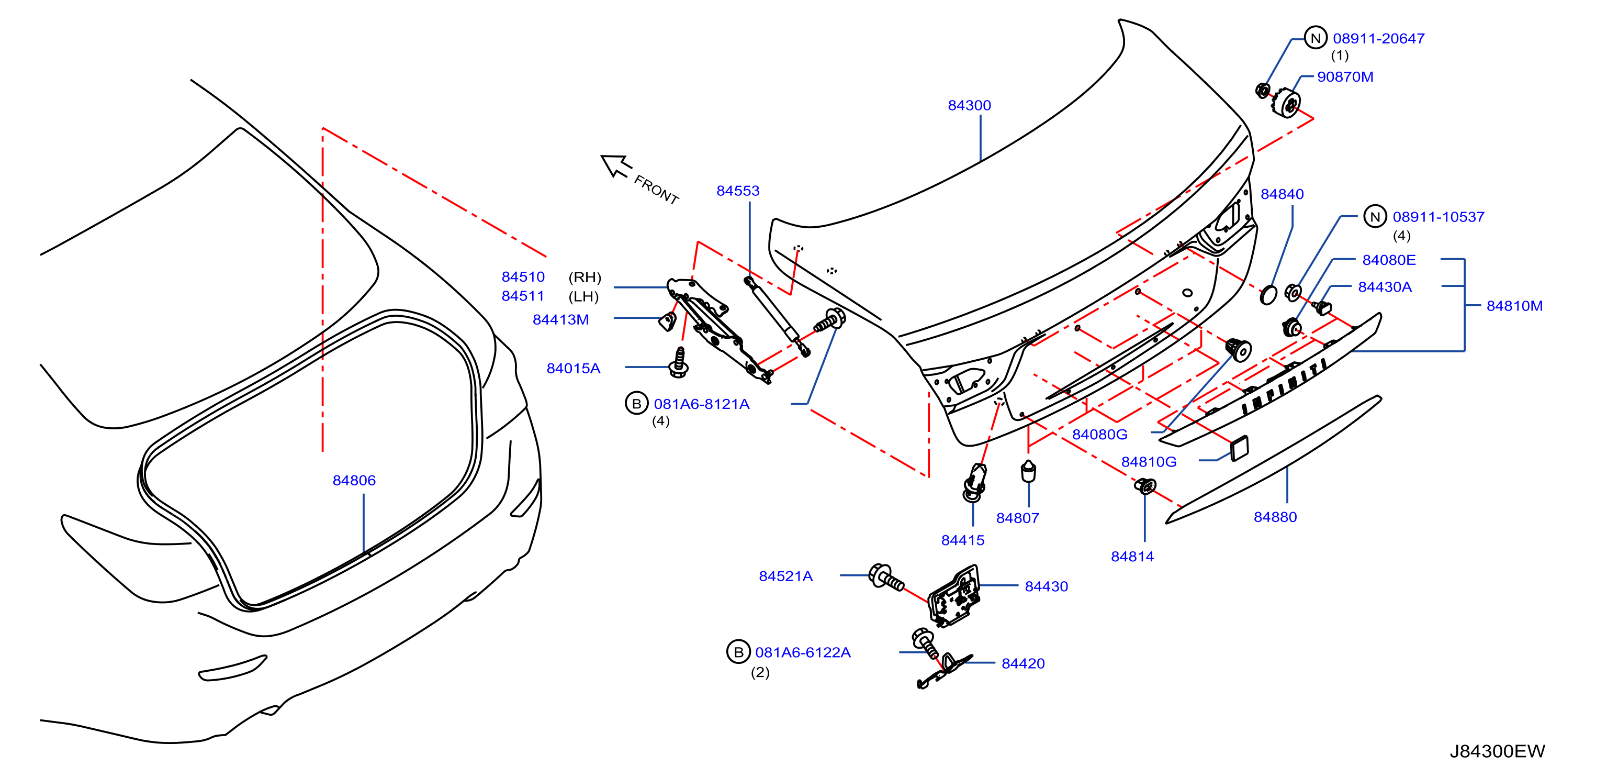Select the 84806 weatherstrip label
pyautogui.click(x=354, y=481)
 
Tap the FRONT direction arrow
pyautogui.click(x=616, y=165)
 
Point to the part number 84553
pyautogui.click(x=737, y=191)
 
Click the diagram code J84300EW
pyautogui.click(x=1497, y=751)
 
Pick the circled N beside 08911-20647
pyautogui.click(x=1316, y=38)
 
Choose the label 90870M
pyautogui.click(x=1345, y=77)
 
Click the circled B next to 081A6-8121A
pyautogui.click(x=636, y=403)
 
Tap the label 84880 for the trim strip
pyautogui.click(x=1275, y=517)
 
